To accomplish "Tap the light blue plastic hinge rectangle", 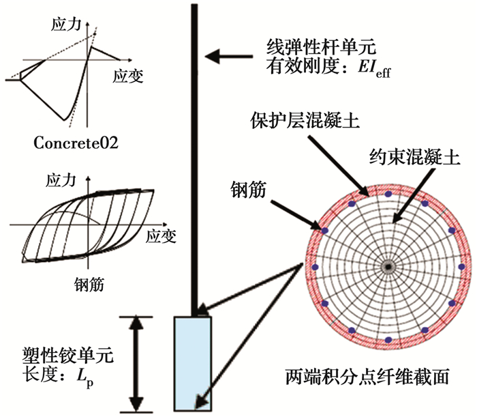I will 193,362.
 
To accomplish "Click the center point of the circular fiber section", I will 387,266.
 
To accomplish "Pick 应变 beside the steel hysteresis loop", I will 160,235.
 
